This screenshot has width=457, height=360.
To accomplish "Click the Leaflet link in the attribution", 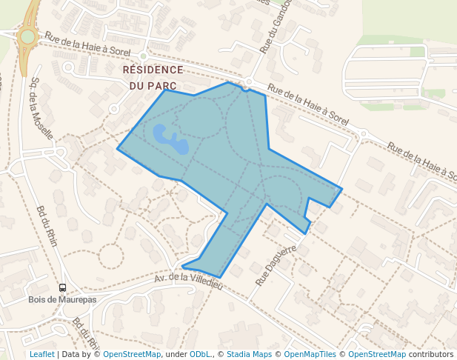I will tap(41, 354).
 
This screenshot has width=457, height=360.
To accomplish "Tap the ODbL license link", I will tap(199, 354).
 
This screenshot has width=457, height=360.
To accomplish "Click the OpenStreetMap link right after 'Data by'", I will tap(132, 354).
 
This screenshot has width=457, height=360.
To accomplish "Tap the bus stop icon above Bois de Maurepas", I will tap(62, 287).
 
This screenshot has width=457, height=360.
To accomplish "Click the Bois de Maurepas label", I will tap(62, 300).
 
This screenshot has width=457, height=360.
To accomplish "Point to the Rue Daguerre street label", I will tap(276, 265).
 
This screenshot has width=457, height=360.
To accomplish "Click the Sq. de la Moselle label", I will tap(41, 108).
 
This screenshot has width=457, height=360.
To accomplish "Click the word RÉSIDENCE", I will tap(153, 70).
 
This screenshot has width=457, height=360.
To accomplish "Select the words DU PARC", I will tap(153, 86).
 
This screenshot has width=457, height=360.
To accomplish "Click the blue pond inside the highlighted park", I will tap(170, 139).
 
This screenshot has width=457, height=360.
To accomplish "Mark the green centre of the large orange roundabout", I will tap(27, 36).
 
